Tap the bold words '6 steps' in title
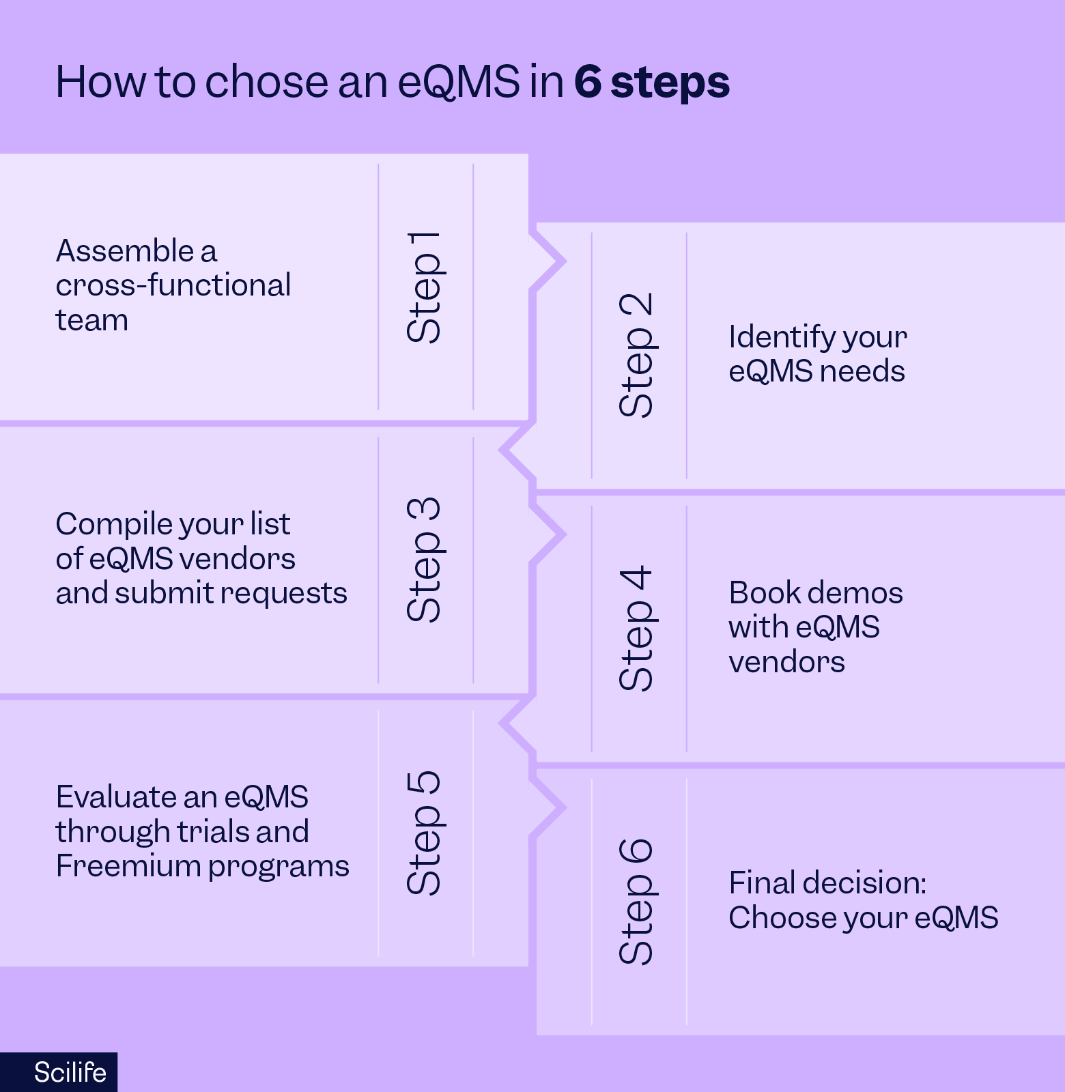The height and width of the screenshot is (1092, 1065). point(651,82)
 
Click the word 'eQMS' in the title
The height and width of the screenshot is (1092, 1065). point(458,82)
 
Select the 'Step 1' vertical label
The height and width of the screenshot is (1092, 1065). point(425,287)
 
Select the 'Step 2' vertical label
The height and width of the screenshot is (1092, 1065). point(637,355)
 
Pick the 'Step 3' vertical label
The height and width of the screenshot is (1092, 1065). point(425,560)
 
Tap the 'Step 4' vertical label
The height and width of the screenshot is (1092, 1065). point(637,628)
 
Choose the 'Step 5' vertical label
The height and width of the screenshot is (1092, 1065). point(425,833)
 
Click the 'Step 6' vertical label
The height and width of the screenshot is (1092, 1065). point(637,901)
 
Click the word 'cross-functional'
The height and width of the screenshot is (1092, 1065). point(173,285)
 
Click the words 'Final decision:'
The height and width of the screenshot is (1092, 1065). point(827,883)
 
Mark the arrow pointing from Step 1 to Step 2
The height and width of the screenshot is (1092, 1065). point(550,261)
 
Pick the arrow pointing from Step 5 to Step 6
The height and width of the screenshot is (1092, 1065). point(550,808)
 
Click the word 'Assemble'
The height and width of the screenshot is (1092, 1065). point(125,251)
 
